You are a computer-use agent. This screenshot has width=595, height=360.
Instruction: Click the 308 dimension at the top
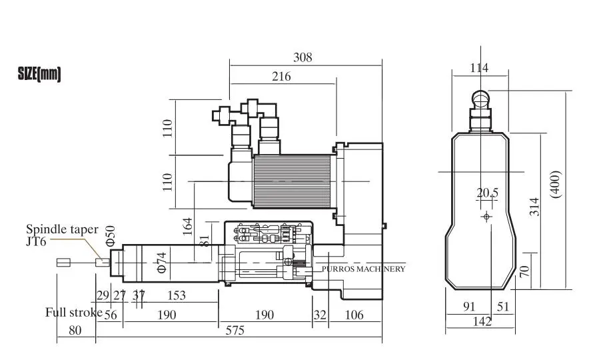(302, 57)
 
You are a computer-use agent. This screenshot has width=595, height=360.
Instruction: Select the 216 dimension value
(281, 76)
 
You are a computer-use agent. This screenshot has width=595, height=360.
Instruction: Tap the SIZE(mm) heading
(39, 74)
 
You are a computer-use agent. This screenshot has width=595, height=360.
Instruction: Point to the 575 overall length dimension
(235, 331)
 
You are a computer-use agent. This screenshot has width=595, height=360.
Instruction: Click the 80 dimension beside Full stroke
(75, 331)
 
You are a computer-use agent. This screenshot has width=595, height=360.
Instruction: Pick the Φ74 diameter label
(161, 263)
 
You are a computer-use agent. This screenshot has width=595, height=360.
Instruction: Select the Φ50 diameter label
(110, 236)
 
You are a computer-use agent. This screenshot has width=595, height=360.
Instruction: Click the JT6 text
(36, 241)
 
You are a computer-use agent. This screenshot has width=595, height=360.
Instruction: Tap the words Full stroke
(74, 312)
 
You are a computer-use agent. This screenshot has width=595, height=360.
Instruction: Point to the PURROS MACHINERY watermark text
(364, 269)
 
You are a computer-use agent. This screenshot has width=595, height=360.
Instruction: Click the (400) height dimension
(555, 184)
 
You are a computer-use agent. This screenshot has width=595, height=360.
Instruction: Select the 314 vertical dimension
(534, 207)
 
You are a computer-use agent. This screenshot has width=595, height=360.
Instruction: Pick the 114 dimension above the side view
(479, 67)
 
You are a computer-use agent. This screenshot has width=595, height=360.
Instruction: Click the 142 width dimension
(482, 321)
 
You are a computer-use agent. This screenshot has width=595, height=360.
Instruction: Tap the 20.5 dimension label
(488, 193)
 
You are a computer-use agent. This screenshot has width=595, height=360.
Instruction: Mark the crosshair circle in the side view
(486, 217)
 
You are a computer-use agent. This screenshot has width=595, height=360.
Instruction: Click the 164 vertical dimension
(187, 226)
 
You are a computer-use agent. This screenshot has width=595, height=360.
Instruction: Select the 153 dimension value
(177, 295)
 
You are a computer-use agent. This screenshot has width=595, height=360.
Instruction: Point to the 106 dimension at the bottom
(354, 315)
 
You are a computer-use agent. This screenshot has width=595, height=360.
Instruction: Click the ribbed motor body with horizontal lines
(293, 181)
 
